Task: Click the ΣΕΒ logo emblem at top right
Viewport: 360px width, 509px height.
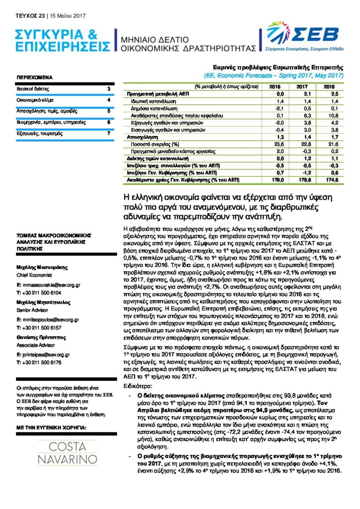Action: [x=279, y=34]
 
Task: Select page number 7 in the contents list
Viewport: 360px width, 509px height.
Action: [x=108, y=133]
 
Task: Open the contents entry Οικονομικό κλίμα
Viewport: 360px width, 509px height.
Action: [x=35, y=100]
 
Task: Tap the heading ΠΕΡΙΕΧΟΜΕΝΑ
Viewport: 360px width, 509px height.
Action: [x=35, y=78]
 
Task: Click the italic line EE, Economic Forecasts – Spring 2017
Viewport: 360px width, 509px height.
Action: [x=274, y=76]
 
